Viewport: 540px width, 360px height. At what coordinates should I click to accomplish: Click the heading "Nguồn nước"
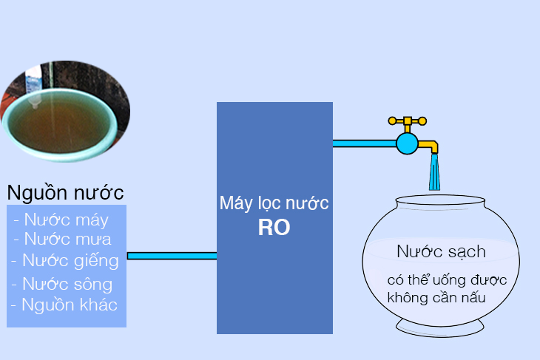(x=65, y=193)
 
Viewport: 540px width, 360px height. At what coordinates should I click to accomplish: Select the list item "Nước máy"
(x=66, y=220)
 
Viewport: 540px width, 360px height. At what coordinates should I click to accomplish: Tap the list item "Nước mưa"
(x=67, y=239)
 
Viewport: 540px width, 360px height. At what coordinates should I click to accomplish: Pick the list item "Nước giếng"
(x=69, y=260)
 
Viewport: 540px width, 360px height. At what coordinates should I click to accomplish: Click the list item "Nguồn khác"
(x=68, y=305)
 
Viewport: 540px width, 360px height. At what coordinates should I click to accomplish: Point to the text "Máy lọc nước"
(x=274, y=203)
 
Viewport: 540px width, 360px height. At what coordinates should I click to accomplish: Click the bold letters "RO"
(x=274, y=228)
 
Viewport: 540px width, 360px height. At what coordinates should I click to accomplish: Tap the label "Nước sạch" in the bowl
(x=441, y=251)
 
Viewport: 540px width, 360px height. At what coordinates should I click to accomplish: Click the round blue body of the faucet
(x=406, y=143)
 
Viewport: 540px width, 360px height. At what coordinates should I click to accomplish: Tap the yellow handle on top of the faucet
(x=407, y=120)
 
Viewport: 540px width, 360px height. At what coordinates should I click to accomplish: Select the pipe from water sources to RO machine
(x=172, y=256)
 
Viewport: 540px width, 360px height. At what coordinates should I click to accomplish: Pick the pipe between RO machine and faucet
(x=363, y=143)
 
